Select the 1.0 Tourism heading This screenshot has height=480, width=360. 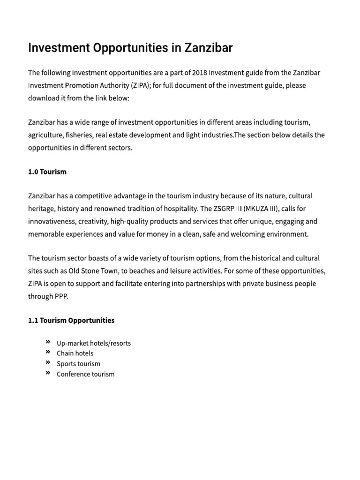47,172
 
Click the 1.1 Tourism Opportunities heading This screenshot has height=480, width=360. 71,321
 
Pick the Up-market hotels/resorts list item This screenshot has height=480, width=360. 94,343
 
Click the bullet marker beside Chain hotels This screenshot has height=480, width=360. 48,352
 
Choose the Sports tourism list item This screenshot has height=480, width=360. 78,364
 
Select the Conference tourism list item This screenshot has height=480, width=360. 85,374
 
